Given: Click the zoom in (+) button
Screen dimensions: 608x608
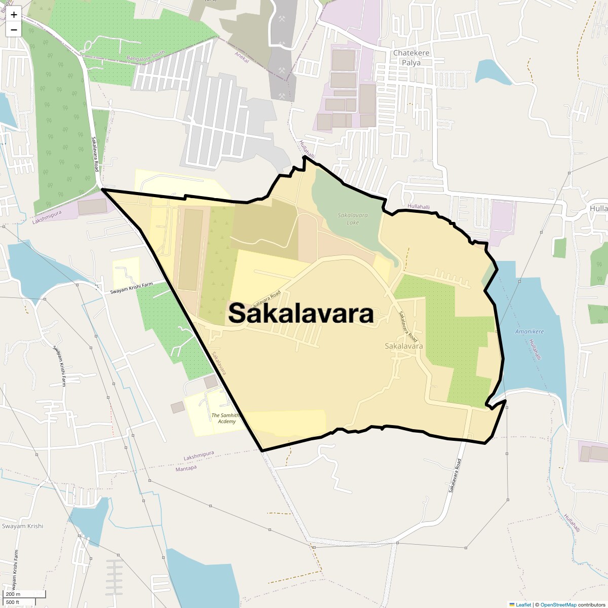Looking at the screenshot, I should (x=14, y=15).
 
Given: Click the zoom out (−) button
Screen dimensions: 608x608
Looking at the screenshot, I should (x=14, y=29).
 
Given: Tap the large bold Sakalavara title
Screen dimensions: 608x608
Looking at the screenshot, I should (x=301, y=313).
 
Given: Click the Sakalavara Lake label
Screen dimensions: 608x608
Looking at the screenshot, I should (x=353, y=219).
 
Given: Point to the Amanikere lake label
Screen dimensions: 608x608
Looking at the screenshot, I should (x=529, y=331).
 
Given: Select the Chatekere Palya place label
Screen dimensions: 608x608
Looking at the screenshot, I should (x=411, y=58).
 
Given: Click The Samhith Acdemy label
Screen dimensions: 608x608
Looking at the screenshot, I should (x=223, y=419).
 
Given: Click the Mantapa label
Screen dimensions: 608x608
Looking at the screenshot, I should (x=185, y=468).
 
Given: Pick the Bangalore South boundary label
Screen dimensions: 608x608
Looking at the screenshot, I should (x=145, y=56).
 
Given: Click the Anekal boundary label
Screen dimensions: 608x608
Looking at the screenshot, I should (x=242, y=57).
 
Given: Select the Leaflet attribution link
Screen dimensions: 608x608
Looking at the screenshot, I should (x=523, y=604).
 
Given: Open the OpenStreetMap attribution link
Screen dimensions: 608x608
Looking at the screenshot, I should (x=558, y=604).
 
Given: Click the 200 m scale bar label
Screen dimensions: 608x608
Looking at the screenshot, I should (x=13, y=594).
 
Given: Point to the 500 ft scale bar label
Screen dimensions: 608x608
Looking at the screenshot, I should (x=13, y=602).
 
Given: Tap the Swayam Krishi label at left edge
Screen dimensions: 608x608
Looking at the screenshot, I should (x=22, y=526).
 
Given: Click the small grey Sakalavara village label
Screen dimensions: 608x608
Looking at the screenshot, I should (x=404, y=346).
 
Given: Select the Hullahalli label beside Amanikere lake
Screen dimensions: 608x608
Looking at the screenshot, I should (x=535, y=350).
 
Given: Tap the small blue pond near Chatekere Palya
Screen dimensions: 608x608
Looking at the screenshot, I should (x=493, y=72).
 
